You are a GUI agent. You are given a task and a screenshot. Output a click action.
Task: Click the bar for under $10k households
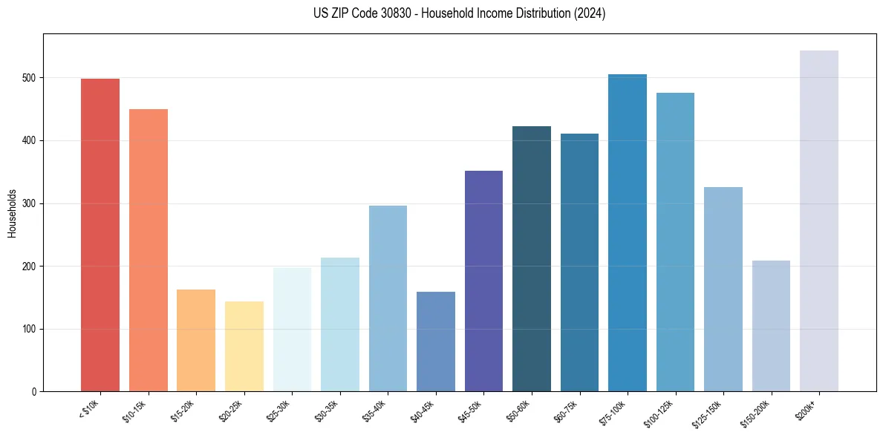(100, 235)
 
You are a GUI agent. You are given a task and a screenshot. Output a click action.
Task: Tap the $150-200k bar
(771, 326)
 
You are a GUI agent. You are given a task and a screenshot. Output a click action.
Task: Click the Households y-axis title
(12, 212)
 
